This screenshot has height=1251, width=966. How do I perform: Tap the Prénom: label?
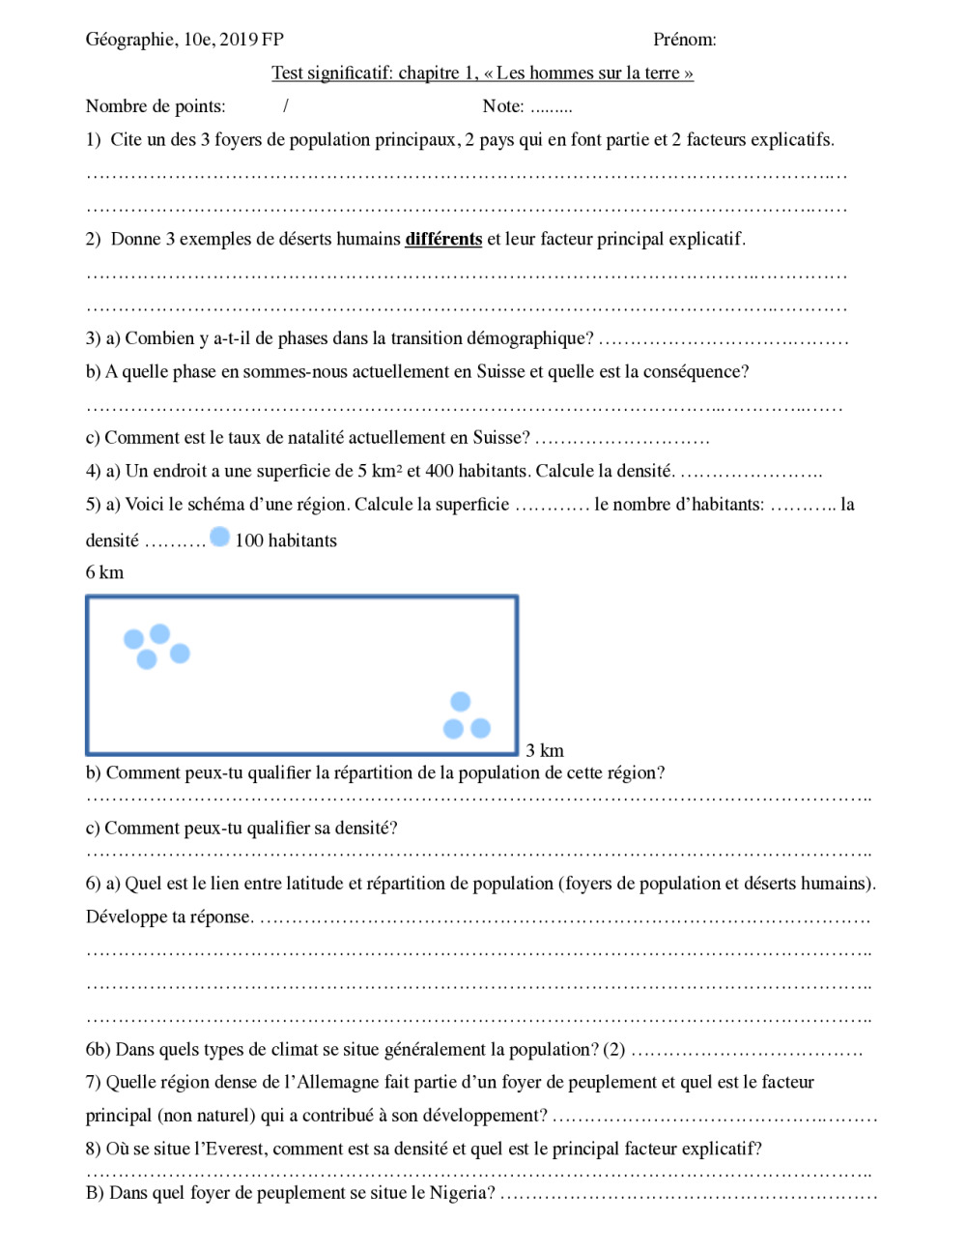(684, 40)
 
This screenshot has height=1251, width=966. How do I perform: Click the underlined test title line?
(482, 73)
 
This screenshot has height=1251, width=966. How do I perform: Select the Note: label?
(503, 106)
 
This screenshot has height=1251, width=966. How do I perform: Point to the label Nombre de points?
(156, 106)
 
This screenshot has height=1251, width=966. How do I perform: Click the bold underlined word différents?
(443, 239)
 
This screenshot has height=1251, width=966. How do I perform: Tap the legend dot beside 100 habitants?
(220, 538)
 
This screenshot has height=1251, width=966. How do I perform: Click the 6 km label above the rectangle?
(104, 572)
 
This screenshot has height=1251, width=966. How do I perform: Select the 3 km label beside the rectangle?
(545, 750)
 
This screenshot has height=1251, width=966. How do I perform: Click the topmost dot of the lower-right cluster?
(461, 702)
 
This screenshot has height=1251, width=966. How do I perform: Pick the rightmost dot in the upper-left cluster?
(180, 654)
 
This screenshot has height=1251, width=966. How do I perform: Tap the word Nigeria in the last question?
(462, 1193)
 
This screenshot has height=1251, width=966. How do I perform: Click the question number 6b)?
(99, 1050)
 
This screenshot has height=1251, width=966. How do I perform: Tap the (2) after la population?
(614, 1050)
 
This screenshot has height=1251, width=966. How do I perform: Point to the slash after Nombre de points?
(286, 106)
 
